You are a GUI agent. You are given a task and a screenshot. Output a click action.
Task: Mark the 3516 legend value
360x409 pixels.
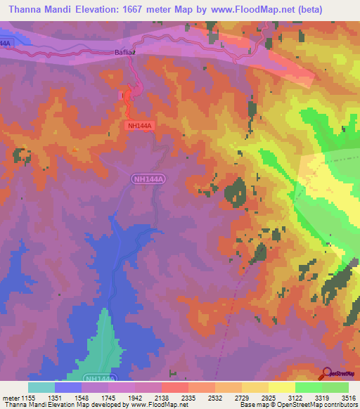(349, 397)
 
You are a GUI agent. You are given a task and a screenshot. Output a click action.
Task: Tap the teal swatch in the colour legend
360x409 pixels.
(41, 387)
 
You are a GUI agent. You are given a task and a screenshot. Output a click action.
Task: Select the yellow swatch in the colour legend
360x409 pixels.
(282, 387)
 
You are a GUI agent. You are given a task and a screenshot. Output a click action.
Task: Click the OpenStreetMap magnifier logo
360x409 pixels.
(326, 373)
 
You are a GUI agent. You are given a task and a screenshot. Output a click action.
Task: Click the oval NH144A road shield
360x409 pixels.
(148, 181)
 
